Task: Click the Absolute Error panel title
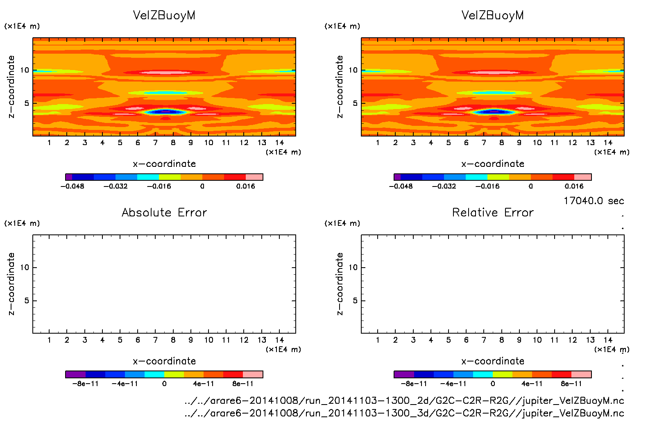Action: coord(164,212)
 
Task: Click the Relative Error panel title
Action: coord(493,212)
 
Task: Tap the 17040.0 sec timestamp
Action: coord(594,201)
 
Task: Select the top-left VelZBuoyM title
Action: coord(164,15)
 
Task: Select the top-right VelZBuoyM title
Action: coord(493,15)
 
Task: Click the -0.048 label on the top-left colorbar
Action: coord(72,186)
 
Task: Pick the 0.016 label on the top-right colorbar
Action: coord(574,186)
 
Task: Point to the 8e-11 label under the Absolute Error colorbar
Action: coord(243,384)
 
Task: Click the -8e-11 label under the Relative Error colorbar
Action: coord(414,384)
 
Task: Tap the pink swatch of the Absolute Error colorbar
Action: coord(253,374)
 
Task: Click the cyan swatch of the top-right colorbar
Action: coord(476,177)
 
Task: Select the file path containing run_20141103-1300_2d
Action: coord(404,400)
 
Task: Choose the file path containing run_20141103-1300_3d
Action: coord(404,413)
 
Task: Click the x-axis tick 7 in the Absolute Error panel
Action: coord(155,340)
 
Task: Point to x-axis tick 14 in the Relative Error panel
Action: coord(608,340)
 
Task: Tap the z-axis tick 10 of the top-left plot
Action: coord(25,70)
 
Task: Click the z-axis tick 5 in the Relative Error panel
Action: coord(355,300)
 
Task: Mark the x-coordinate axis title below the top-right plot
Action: coord(493,164)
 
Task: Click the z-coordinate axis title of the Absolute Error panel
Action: coord(11,284)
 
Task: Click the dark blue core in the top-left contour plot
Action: coord(165,111)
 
